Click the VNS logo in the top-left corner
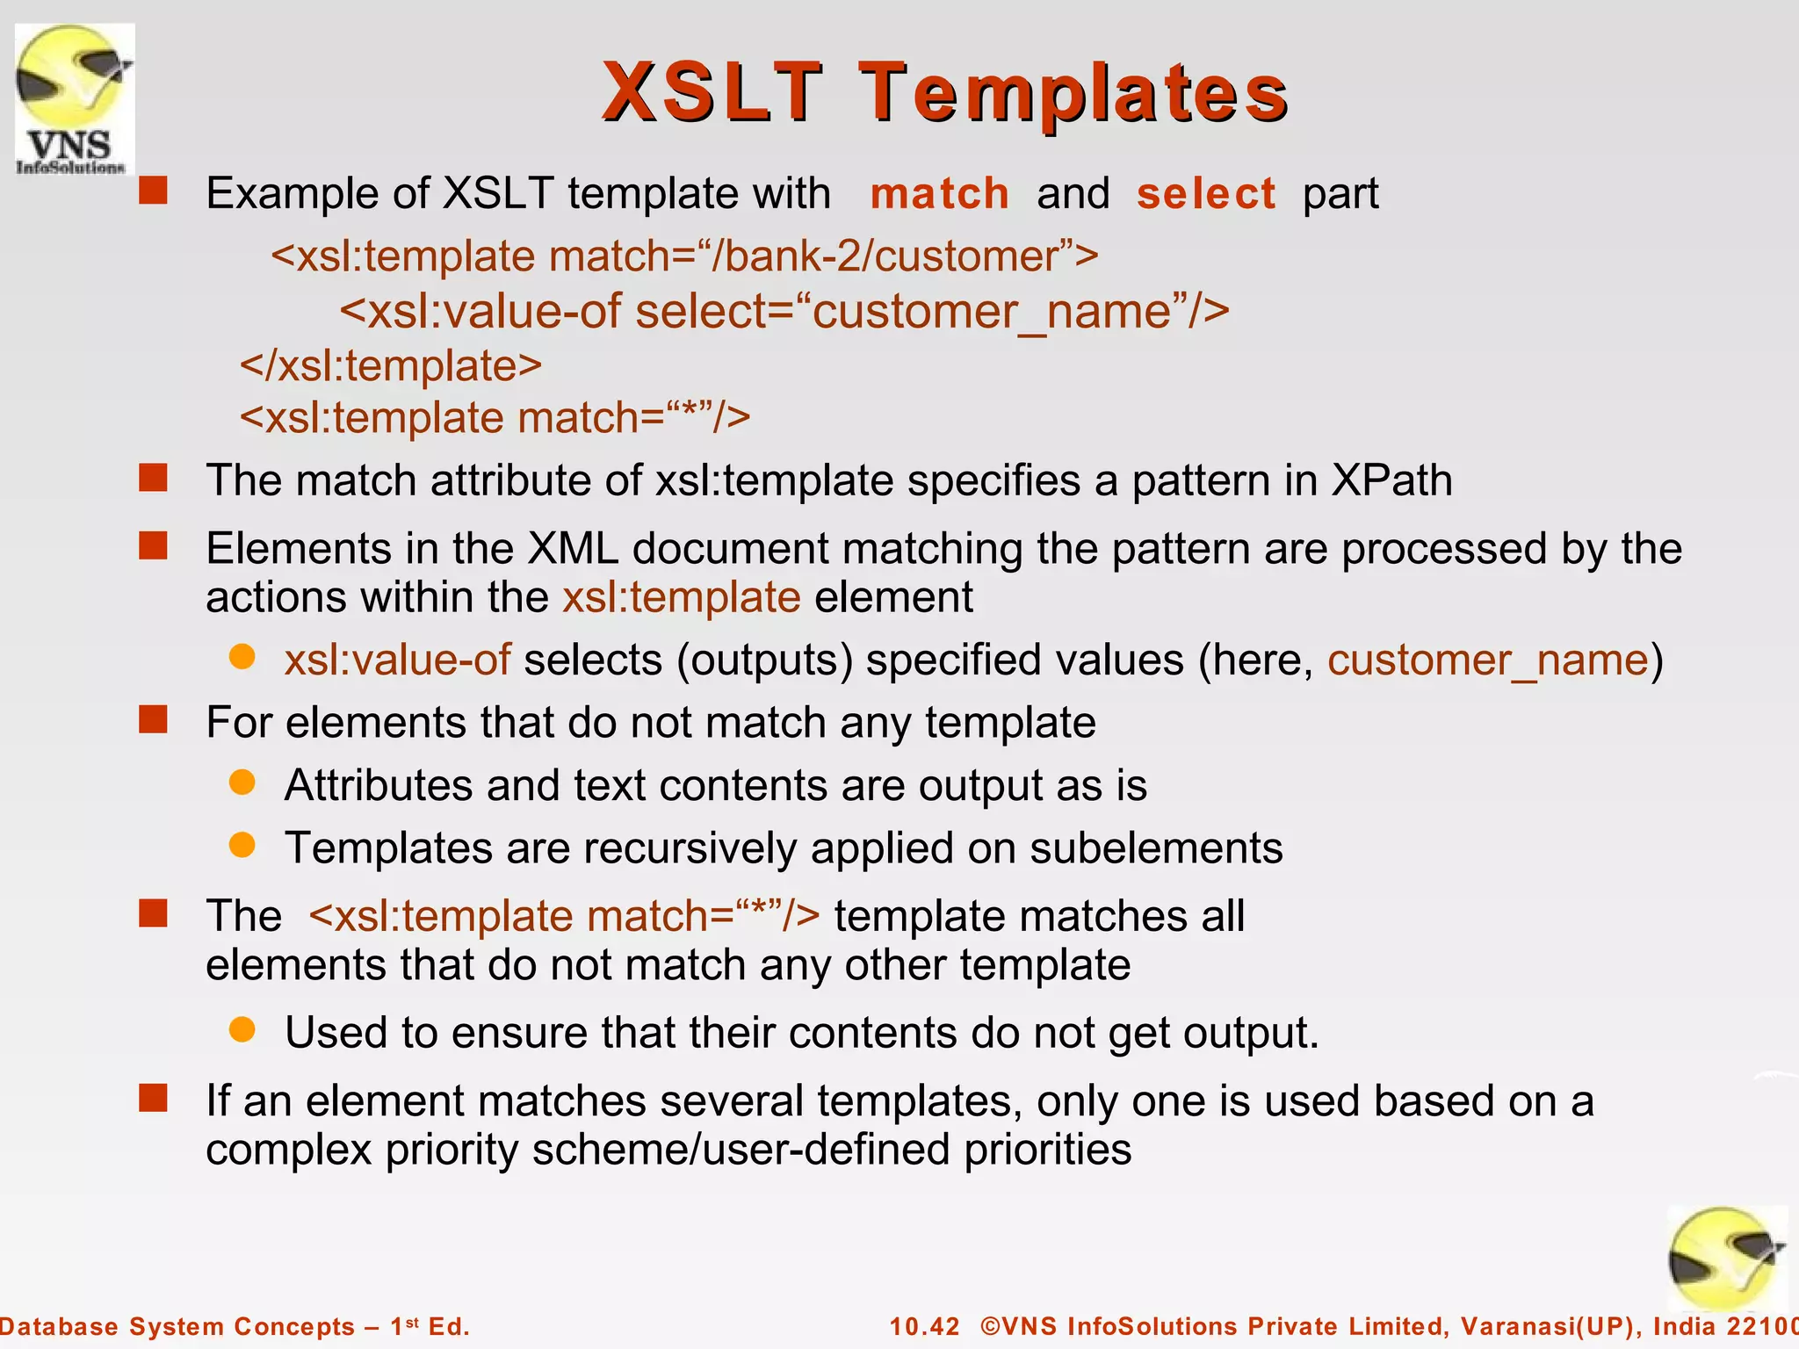[75, 98]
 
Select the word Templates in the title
[1073, 93]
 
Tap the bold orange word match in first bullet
[939, 193]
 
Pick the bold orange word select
[1205, 193]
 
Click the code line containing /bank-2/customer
[684, 256]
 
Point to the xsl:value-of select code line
[784, 312]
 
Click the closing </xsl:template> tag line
[391, 365]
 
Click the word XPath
[1391, 480]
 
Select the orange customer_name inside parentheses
[1488, 660]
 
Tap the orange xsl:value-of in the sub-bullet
[397, 660]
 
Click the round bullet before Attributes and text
[242, 782]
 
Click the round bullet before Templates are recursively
[242, 845]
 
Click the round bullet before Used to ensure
[242, 1029]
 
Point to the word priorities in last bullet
[1047, 1150]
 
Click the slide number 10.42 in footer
[924, 1326]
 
